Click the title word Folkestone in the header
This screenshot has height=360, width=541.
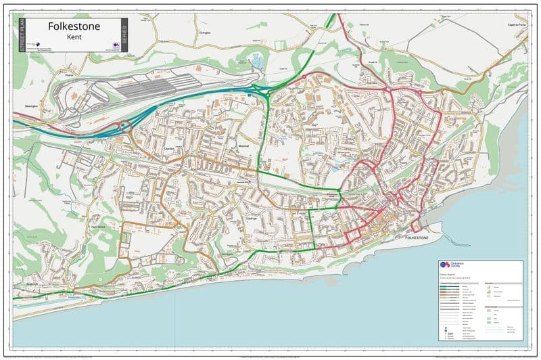(x=74, y=26)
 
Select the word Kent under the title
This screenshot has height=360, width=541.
(x=74, y=38)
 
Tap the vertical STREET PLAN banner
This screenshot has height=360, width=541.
(x=20, y=36)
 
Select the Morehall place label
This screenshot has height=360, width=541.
(x=244, y=145)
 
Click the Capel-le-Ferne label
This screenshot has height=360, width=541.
(x=516, y=25)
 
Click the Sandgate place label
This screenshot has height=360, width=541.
(x=227, y=255)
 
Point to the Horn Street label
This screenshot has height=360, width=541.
(x=98, y=227)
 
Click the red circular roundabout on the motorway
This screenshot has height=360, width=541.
(x=124, y=125)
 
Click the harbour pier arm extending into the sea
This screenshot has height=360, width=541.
(x=440, y=233)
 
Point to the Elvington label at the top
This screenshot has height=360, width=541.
(x=206, y=32)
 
